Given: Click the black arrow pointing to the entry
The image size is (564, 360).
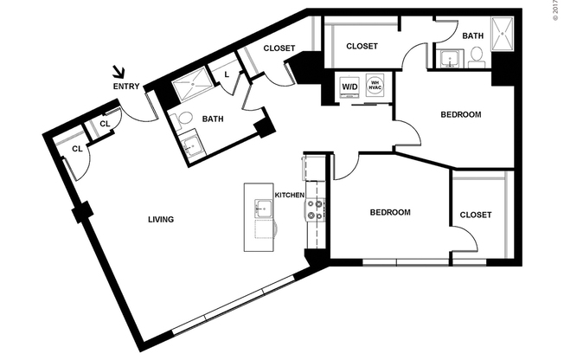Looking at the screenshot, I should pos(119,74).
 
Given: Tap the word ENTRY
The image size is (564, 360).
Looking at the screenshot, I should pos(125,87).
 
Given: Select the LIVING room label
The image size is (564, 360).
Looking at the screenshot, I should pos(161,220).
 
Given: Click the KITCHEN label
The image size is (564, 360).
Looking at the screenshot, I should pos(289,196).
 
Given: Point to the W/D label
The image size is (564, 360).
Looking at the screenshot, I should pos(350,87).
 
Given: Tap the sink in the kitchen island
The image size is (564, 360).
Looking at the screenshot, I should pos(262,208).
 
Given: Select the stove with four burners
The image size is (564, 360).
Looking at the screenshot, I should pos(316,209).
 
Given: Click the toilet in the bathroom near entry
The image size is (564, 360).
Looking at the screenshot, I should pos(182,119).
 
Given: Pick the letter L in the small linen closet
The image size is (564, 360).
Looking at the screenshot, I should pos(226,74).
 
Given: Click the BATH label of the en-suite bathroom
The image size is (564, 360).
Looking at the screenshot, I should pos(472,35).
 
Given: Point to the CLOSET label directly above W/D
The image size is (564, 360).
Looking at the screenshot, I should pos(362,46).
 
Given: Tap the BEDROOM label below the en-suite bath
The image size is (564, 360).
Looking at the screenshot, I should pos(460,114).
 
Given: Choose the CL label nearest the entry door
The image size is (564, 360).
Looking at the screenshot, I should pos(104,124).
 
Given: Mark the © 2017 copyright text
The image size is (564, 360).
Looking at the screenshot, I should pos(556,10).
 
